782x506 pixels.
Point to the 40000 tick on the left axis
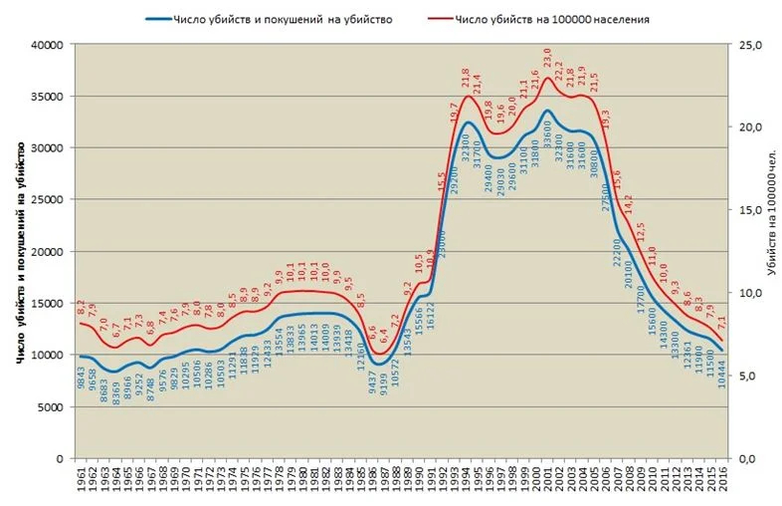point(48,45)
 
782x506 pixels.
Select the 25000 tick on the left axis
point(48,199)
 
